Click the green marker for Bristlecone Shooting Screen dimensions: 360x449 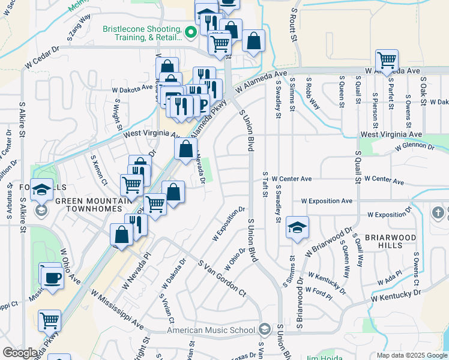tap(191, 32)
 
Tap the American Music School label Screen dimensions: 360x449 tap(211, 330)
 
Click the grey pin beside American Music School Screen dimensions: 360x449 tap(265, 329)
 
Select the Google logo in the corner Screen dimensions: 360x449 tap(20, 352)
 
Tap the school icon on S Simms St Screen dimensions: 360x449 tap(297, 227)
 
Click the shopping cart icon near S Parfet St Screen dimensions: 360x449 tap(387, 60)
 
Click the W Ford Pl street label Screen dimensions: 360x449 tap(318, 292)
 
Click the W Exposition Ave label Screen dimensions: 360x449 tap(327, 201)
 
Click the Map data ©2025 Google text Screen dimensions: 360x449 tap(411, 355)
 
